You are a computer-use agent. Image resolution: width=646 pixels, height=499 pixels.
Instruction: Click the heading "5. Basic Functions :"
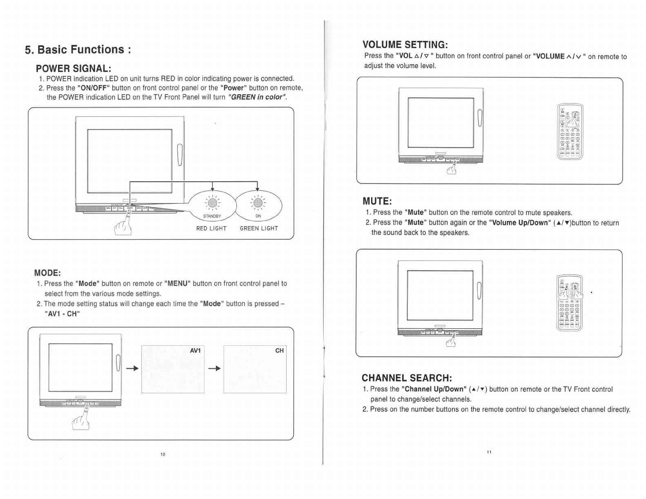tap(78, 50)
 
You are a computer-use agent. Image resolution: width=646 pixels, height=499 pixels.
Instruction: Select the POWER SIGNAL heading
tap(74, 68)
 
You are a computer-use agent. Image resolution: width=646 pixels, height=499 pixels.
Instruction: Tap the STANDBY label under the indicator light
tap(212, 216)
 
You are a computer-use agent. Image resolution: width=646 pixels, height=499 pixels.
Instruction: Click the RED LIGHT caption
tap(211, 229)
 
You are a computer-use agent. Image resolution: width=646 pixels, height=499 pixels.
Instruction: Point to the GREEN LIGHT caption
tap(258, 229)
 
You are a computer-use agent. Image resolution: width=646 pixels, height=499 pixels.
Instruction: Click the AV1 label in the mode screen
tap(196, 351)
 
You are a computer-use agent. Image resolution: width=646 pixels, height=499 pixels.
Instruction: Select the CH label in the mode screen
tap(279, 351)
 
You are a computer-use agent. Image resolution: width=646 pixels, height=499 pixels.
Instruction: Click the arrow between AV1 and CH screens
tap(214, 369)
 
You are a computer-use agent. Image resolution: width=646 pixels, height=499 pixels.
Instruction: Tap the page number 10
tap(163, 454)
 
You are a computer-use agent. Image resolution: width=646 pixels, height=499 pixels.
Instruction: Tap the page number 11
tap(489, 452)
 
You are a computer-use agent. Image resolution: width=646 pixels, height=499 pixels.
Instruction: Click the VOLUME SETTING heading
tap(405, 45)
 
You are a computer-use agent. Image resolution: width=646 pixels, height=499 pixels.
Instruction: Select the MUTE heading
tap(377, 201)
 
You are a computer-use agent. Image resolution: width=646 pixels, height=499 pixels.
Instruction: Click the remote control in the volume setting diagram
tap(570, 131)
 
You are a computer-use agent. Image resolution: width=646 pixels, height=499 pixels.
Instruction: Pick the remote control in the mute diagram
tap(570, 303)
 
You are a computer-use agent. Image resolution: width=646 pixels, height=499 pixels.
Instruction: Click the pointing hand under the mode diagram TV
tap(81, 419)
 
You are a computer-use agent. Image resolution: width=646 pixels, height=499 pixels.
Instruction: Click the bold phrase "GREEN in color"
tap(257, 97)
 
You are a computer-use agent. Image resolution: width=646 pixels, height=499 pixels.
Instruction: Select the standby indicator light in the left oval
tap(212, 203)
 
